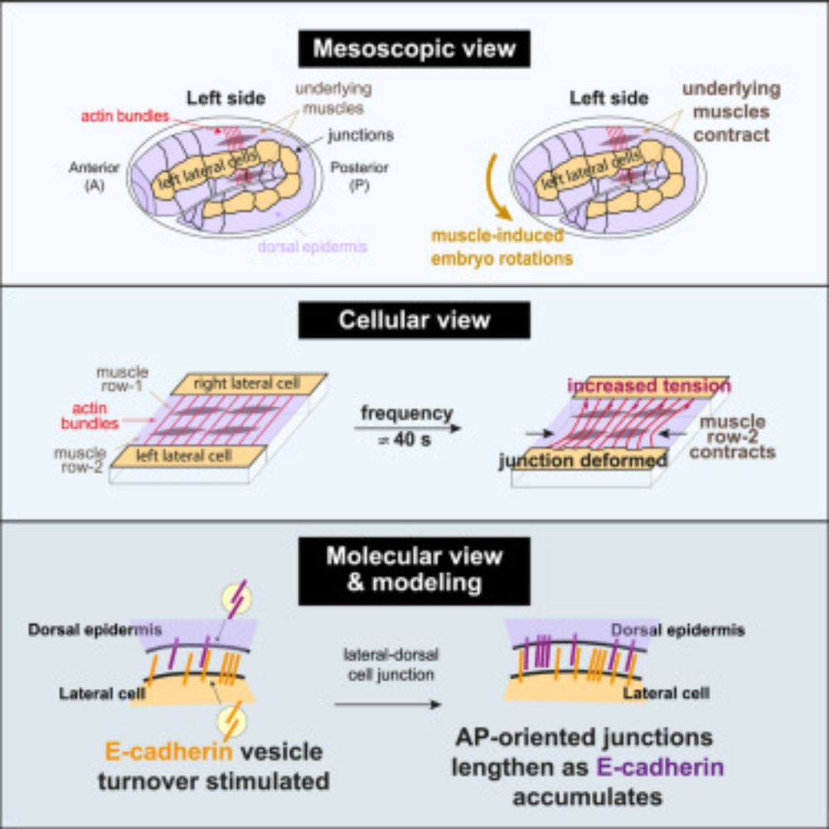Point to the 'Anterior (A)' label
tap(93, 175)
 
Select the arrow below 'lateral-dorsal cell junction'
tap(386, 705)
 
